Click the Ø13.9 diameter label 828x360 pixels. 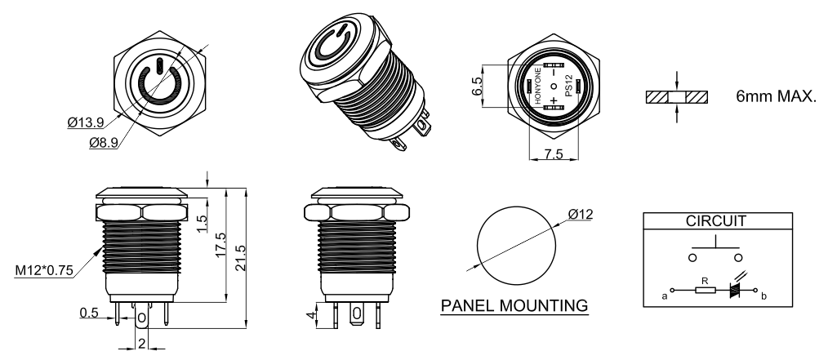pos(85,123)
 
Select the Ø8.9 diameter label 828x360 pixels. pos(104,143)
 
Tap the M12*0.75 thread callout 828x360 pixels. pos(44,271)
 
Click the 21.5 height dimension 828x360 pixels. pos(240,257)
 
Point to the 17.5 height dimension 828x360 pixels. pos(220,244)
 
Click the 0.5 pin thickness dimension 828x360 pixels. pos(89,313)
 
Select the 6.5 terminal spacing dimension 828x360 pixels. pos(476,86)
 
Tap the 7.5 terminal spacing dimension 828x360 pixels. pos(554,154)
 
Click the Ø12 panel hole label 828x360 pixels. pos(581,215)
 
